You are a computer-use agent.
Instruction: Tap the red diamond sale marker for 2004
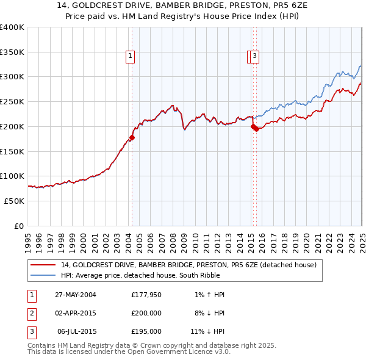tap(132, 137)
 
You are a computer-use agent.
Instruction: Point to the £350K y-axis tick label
tap(12, 52)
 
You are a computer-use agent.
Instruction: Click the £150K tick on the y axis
tap(12, 151)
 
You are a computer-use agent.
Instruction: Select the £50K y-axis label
tap(14, 201)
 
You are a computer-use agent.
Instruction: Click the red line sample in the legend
tap(43, 265)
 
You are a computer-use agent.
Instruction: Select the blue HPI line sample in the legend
tap(43, 276)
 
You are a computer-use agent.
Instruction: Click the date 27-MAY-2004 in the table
tap(76, 295)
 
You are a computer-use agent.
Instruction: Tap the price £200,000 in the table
tap(146, 313)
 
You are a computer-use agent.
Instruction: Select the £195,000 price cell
tap(146, 331)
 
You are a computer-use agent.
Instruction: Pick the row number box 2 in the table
tap(31, 313)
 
